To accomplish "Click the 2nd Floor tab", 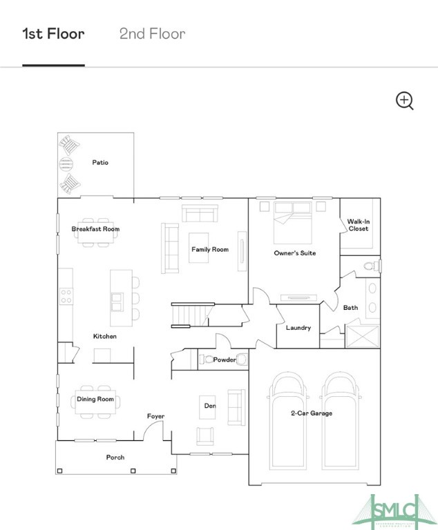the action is [152, 34].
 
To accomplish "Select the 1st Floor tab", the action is [53, 34].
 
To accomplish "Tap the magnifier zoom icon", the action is [405, 101].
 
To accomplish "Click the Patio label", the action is [100, 163].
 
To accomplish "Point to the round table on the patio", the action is [66, 164].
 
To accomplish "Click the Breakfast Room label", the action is [95, 229].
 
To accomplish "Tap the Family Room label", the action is [210, 249].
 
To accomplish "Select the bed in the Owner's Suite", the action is [292, 223].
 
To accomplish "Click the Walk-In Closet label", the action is [359, 225].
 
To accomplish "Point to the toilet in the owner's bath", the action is [372, 266].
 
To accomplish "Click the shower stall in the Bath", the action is [363, 336].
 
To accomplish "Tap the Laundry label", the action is [298, 328].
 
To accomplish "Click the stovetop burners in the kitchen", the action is [66, 296].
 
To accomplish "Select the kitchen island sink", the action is [117, 302].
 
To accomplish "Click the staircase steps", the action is [189, 315].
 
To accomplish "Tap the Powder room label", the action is [225, 360].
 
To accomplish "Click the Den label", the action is [210, 406].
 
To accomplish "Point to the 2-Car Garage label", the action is [312, 413].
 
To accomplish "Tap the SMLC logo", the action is [394, 511].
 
